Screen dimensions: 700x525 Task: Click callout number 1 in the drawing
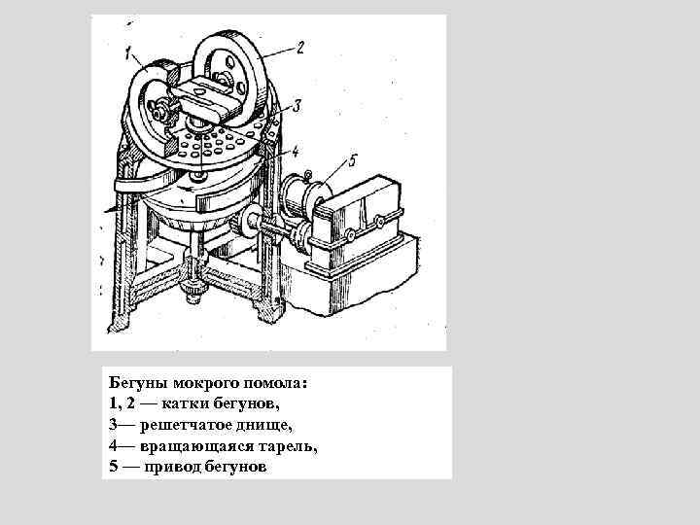click(128, 54)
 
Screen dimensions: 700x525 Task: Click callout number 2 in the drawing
click(300, 48)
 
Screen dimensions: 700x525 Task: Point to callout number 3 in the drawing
click(297, 106)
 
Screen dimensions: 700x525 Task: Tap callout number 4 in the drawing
click(295, 152)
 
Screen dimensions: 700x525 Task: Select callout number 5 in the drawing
click(353, 160)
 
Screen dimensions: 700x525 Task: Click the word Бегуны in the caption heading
click(137, 383)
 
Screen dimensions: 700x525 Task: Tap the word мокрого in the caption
click(203, 383)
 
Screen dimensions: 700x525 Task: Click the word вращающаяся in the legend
click(194, 446)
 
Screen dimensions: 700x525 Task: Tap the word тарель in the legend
click(286, 446)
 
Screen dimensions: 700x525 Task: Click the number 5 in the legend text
click(114, 467)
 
